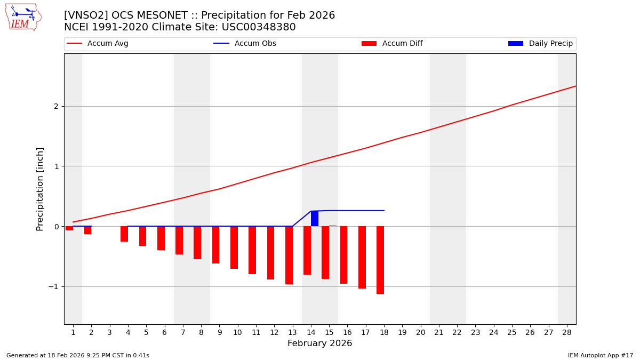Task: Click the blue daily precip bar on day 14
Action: tap(315, 219)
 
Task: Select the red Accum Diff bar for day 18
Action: tap(380, 260)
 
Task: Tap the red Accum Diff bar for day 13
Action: tap(289, 255)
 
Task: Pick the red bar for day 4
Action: tap(124, 234)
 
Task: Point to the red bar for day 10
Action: tap(234, 247)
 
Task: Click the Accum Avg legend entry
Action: tap(98, 44)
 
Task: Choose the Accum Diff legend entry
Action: tap(393, 44)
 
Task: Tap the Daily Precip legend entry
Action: tap(541, 44)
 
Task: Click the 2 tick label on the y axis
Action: tap(56, 107)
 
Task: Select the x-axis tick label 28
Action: tap(567, 332)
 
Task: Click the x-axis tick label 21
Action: tap(439, 332)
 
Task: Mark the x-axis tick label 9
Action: tap(219, 332)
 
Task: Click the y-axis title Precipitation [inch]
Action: tap(41, 189)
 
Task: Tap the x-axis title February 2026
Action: tap(320, 344)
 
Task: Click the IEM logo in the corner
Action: tap(23, 17)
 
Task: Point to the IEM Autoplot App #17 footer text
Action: tap(601, 355)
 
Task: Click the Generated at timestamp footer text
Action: tap(78, 355)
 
